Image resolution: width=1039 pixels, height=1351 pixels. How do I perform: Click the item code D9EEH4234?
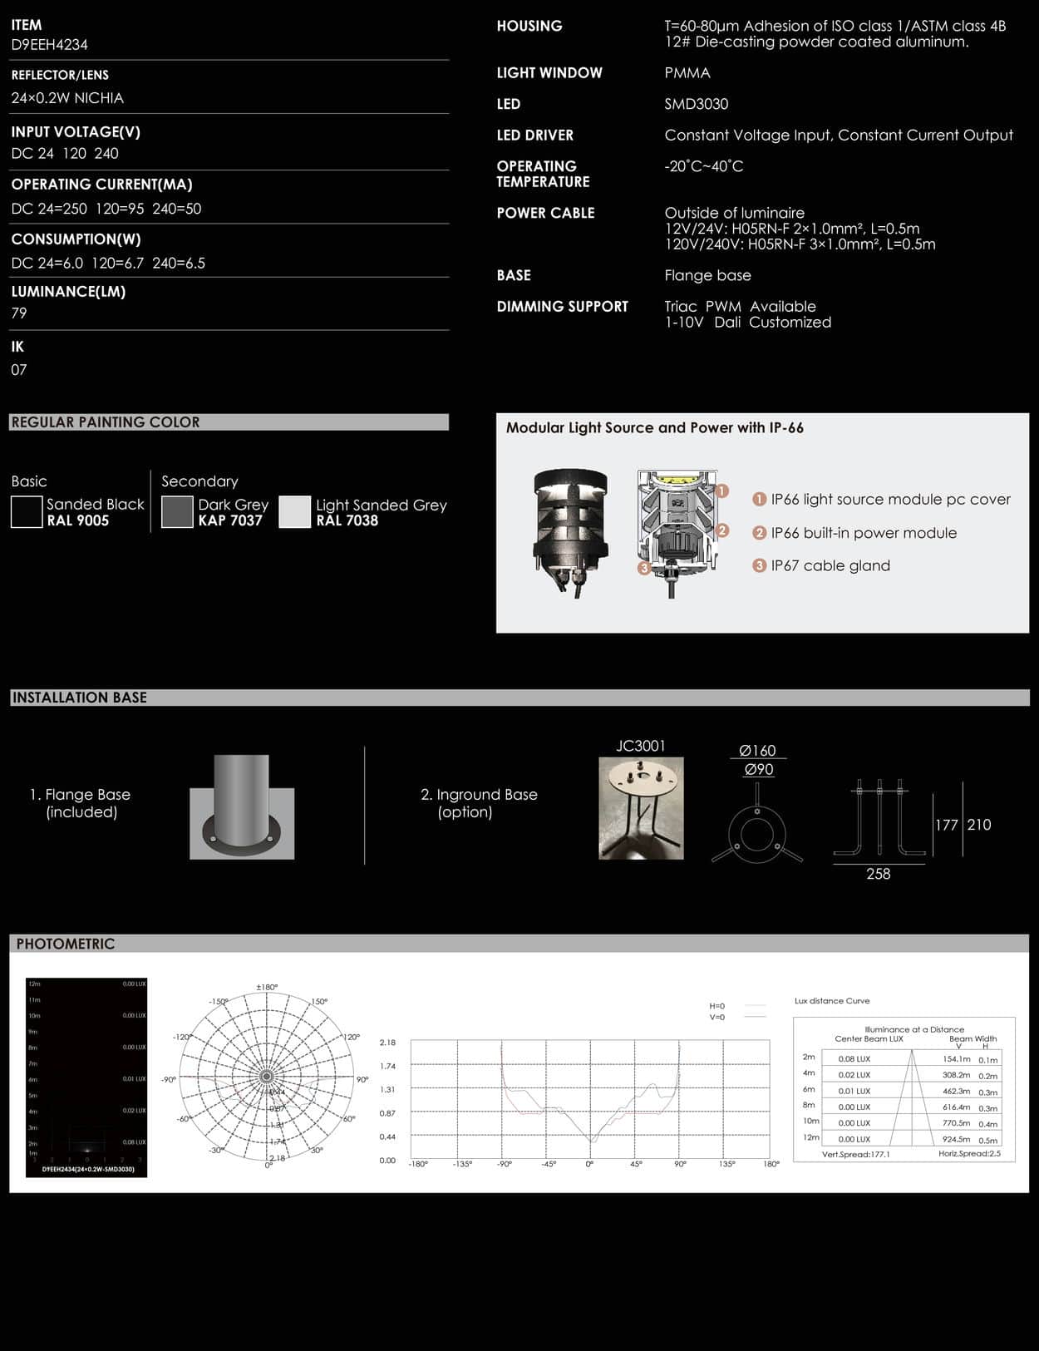click(x=49, y=45)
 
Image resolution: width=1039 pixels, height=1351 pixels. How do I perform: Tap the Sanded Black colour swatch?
click(x=27, y=512)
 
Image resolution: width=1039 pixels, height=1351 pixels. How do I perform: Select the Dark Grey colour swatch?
click(x=177, y=512)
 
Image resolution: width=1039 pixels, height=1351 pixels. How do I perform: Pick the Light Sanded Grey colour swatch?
click(x=294, y=512)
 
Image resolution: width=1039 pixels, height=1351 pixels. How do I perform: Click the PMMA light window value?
click(x=687, y=73)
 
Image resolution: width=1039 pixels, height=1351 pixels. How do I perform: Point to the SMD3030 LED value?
click(x=696, y=104)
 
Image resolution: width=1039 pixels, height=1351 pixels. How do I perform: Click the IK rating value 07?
click(x=19, y=370)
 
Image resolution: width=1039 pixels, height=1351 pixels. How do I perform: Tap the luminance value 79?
click(x=19, y=313)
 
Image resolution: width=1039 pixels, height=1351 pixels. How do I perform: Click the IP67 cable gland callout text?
click(x=830, y=566)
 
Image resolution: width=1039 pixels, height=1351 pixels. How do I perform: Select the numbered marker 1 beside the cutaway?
click(x=721, y=491)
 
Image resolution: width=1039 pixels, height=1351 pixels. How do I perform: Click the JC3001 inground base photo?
click(x=641, y=808)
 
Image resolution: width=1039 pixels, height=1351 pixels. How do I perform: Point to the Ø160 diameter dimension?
click(x=757, y=751)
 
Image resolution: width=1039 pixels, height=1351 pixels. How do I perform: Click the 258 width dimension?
click(x=878, y=874)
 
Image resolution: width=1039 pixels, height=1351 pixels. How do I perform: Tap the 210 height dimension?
click(x=979, y=825)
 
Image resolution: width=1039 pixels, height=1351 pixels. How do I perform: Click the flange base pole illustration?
click(x=241, y=806)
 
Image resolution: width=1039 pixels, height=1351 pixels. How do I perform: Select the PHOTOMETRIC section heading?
click(x=66, y=944)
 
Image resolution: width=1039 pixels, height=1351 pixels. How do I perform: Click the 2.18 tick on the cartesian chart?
click(x=387, y=1043)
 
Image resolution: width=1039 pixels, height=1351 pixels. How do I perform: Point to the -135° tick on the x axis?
click(x=462, y=1164)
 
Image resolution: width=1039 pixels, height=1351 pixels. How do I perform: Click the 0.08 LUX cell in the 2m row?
click(x=854, y=1059)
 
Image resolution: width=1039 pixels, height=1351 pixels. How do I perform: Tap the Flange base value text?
click(x=707, y=276)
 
